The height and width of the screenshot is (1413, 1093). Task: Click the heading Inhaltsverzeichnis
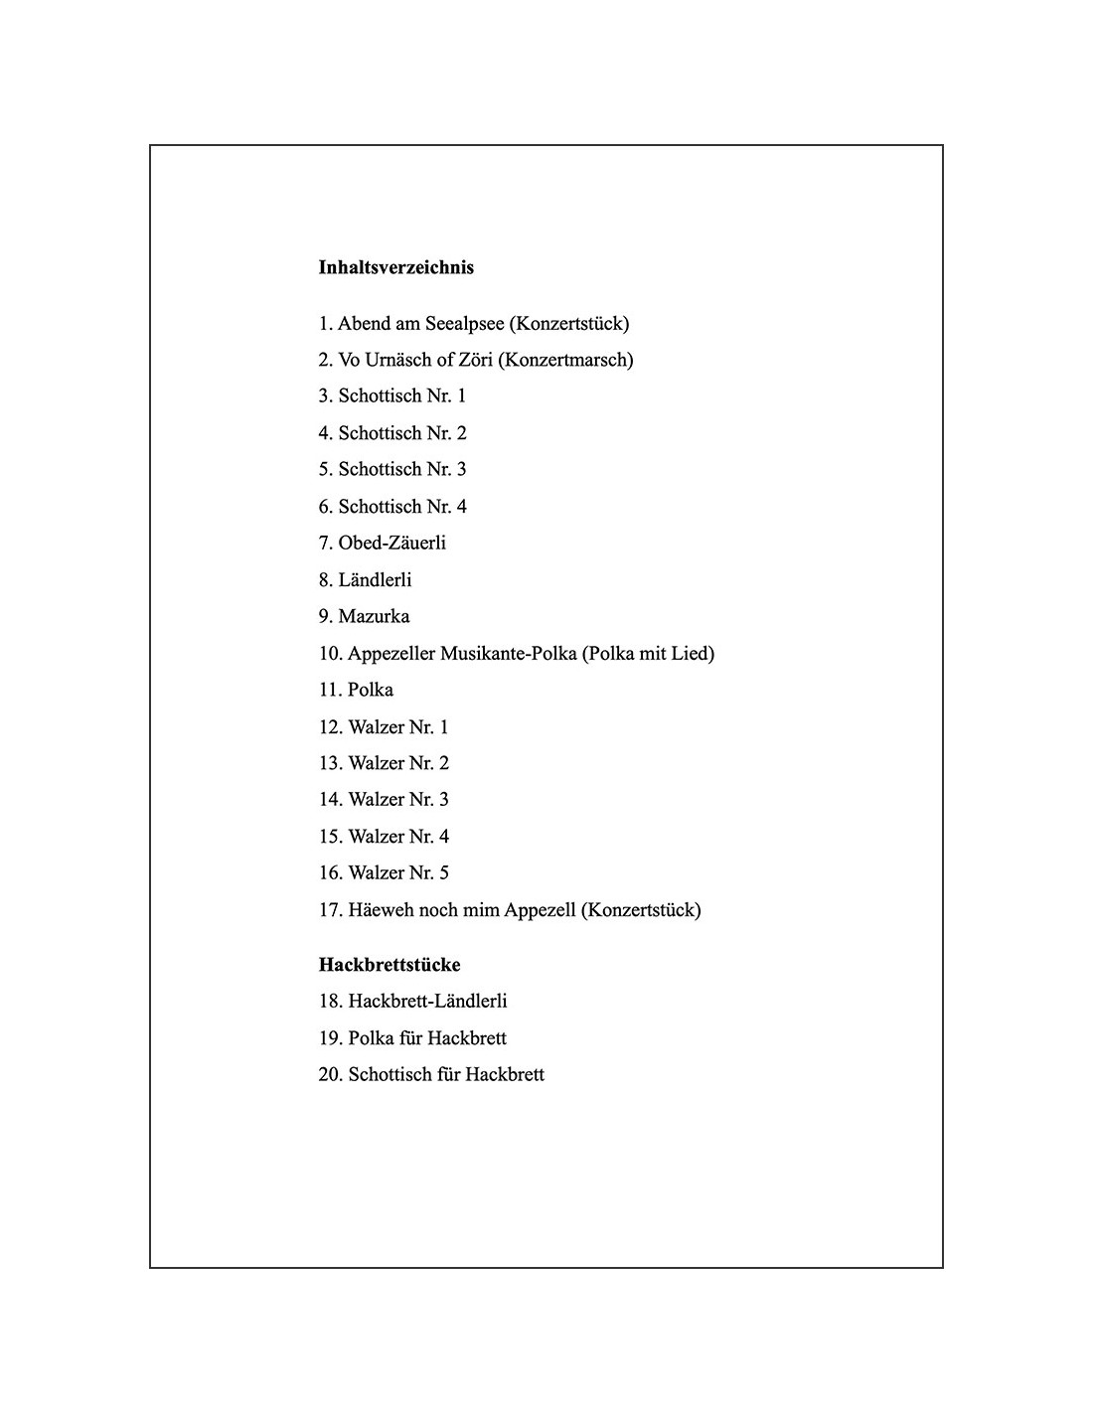(395, 267)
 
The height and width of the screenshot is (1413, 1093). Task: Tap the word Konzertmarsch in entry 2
(565, 360)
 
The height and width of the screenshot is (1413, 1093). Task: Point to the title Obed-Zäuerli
(391, 543)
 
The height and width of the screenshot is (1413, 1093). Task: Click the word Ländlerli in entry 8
(375, 580)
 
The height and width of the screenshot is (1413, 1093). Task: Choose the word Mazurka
(374, 616)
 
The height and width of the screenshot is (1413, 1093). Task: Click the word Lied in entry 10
(692, 654)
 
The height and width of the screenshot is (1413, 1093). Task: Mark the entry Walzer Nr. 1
(384, 727)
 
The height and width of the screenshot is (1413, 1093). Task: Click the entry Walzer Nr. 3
(384, 800)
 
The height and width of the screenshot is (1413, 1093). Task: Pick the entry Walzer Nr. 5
(384, 873)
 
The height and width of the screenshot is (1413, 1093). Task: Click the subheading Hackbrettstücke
(390, 965)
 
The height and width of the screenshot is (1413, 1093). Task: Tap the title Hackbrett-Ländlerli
(427, 1002)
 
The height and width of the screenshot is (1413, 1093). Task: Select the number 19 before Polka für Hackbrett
(330, 1038)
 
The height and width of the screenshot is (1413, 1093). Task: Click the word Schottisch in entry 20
(390, 1075)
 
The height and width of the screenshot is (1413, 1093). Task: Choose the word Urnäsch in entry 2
(398, 360)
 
